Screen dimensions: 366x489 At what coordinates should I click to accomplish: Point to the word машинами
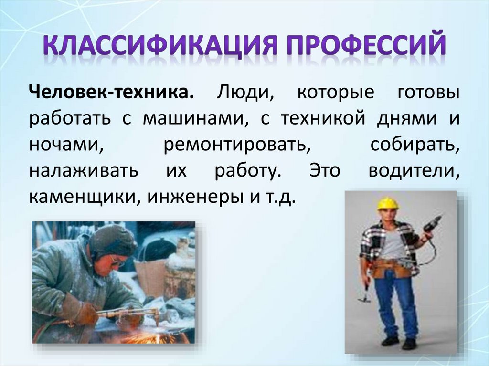pos(195,118)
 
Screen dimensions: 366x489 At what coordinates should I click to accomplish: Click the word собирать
pos(415,145)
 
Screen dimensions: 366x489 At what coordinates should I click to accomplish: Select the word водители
pos(414,171)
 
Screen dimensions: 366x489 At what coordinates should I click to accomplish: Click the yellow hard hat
pos(387,204)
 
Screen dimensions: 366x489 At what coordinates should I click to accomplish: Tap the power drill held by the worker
pos(433,224)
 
